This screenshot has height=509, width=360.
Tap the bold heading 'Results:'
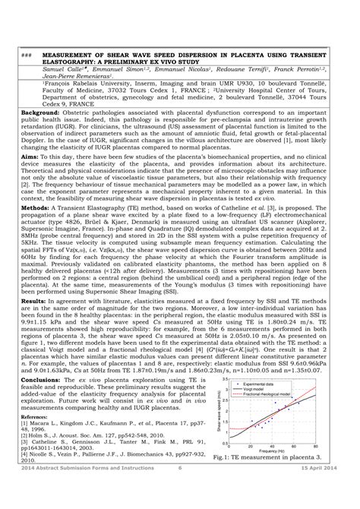pos(34,302)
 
